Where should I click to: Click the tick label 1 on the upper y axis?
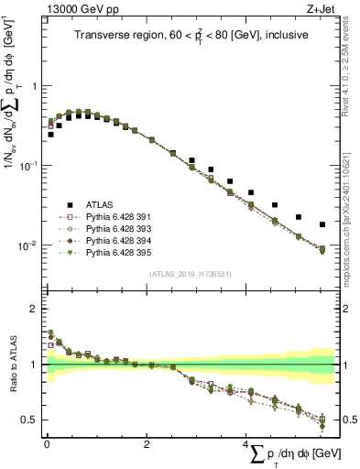35,85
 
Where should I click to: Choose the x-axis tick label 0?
46,445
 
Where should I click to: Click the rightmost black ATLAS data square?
322,224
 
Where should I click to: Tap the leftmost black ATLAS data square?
50,134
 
